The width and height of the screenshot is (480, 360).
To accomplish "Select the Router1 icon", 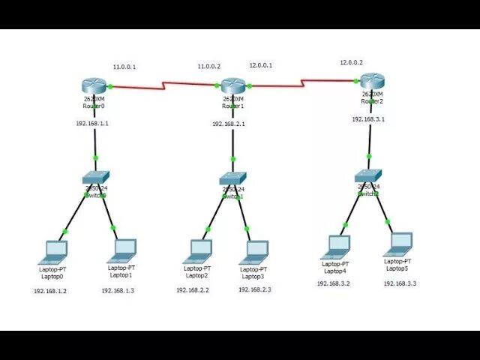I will click(x=233, y=85).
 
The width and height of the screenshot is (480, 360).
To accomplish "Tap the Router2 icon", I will click(x=371, y=80).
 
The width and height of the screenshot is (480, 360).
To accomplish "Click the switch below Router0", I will click(x=95, y=177).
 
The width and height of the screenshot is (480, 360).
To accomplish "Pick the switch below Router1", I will click(x=233, y=178).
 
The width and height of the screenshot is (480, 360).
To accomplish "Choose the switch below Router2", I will click(x=367, y=177).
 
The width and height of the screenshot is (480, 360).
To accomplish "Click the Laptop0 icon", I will click(x=55, y=250).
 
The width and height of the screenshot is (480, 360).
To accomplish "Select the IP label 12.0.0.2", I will click(x=351, y=62).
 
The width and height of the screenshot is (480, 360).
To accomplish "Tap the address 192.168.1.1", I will click(x=92, y=123).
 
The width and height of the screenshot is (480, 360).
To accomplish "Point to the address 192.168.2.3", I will click(x=255, y=289).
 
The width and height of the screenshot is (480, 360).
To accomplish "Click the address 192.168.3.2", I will click(x=334, y=283).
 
